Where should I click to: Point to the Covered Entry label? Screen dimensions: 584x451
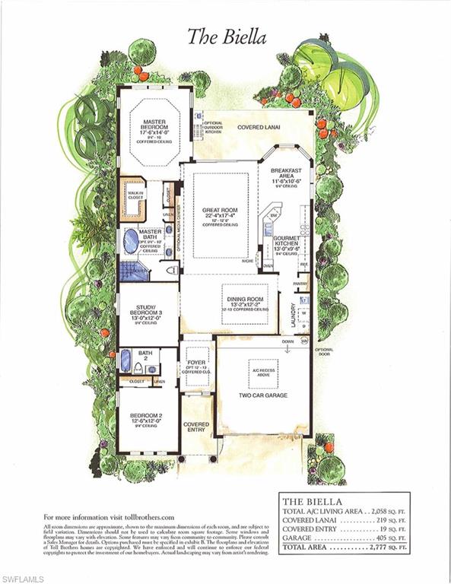tap(196, 427)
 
